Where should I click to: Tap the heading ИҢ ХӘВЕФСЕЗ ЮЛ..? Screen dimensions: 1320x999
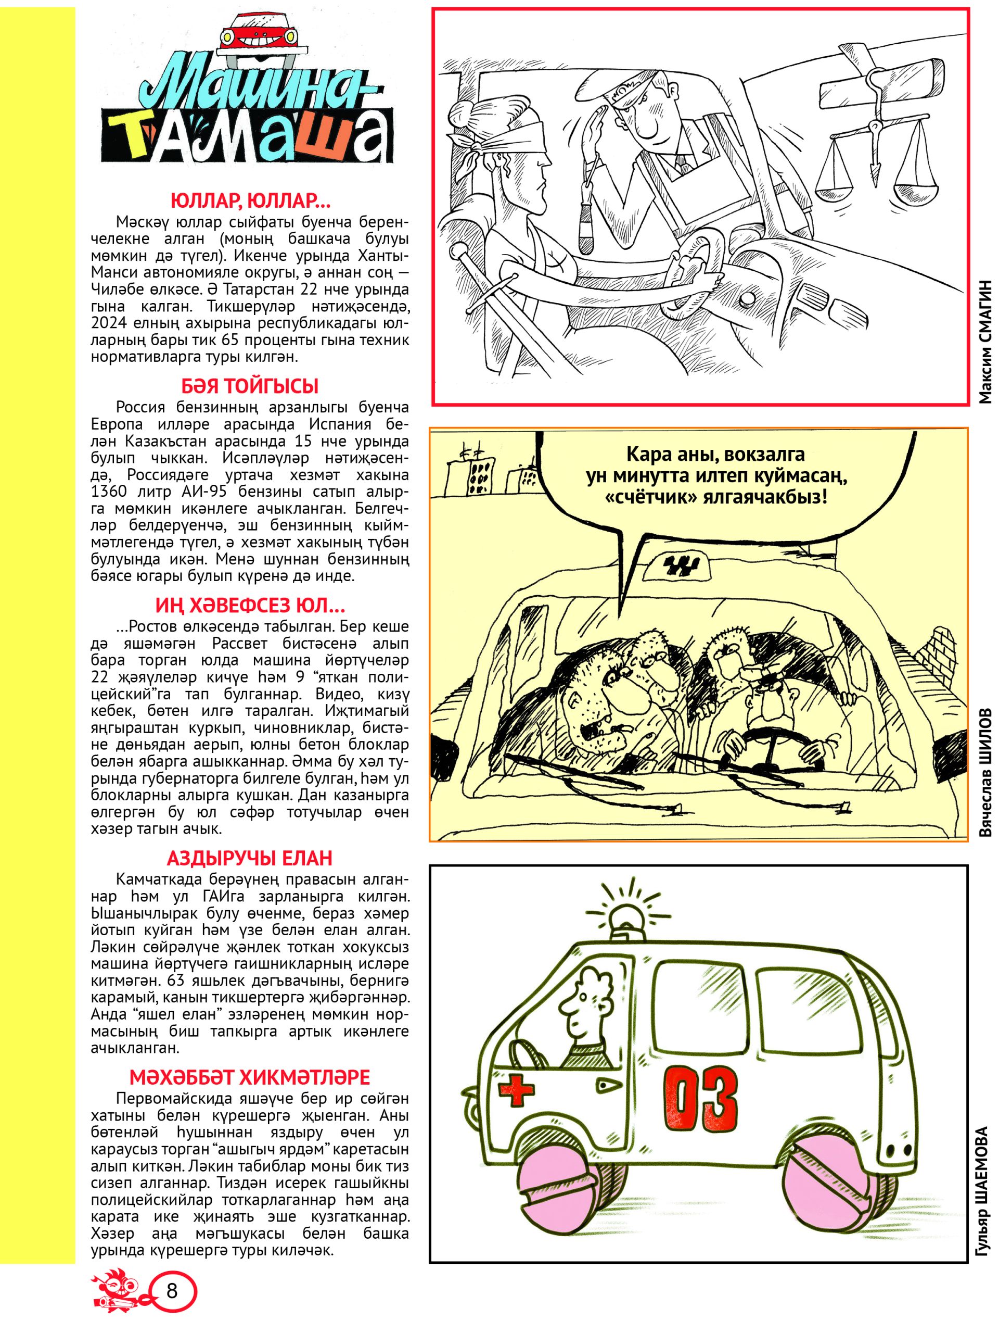[x=250, y=606]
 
